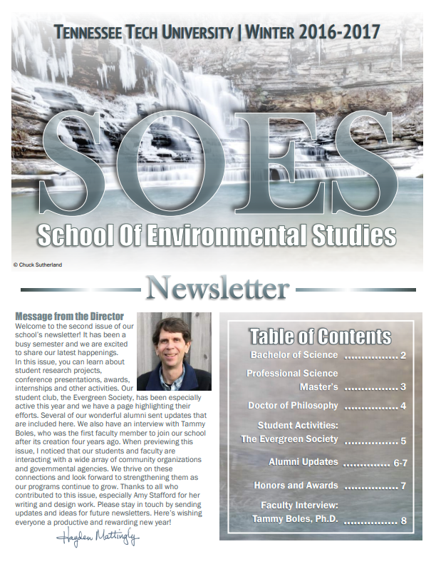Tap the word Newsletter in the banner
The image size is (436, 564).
tap(217, 289)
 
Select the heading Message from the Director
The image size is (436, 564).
tap(69, 317)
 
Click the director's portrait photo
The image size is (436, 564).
tap(173, 351)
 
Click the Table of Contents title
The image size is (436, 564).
tap(320, 336)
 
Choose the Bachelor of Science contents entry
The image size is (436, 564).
tap(294, 355)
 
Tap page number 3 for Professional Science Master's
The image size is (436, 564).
tap(403, 387)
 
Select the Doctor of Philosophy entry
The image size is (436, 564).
tap(293, 406)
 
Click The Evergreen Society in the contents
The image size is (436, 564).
tap(289, 439)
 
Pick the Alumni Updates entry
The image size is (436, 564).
tap(303, 462)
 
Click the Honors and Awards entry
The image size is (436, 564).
tap(296, 486)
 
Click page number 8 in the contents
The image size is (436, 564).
tap(403, 521)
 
